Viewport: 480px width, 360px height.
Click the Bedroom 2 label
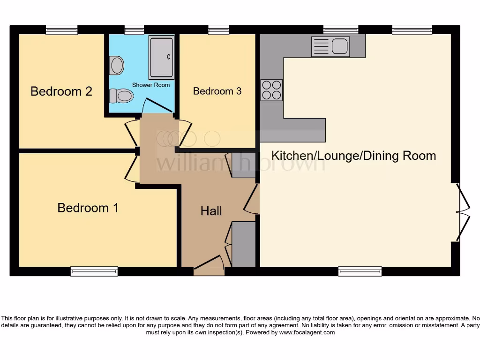tap(61, 91)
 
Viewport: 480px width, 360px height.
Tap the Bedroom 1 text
tap(88, 207)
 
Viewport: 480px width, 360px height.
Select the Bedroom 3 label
tap(217, 91)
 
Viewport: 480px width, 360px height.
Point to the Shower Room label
tap(150, 85)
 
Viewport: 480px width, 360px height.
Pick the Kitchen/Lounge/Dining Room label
tap(354, 156)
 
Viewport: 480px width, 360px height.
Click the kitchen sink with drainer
tap(330, 46)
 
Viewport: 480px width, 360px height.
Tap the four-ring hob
tap(271, 90)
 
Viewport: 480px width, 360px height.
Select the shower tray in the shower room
tap(161, 57)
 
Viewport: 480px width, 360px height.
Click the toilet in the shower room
tap(121, 96)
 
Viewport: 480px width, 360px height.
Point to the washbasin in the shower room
tap(116, 66)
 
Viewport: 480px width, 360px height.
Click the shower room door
tap(157, 107)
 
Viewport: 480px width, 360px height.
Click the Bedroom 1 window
tap(94, 271)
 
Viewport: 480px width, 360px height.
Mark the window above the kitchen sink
tap(340, 30)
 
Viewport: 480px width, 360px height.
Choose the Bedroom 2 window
tap(61, 30)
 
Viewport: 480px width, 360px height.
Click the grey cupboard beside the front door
tap(244, 244)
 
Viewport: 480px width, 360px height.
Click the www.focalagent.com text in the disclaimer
tap(307, 332)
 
